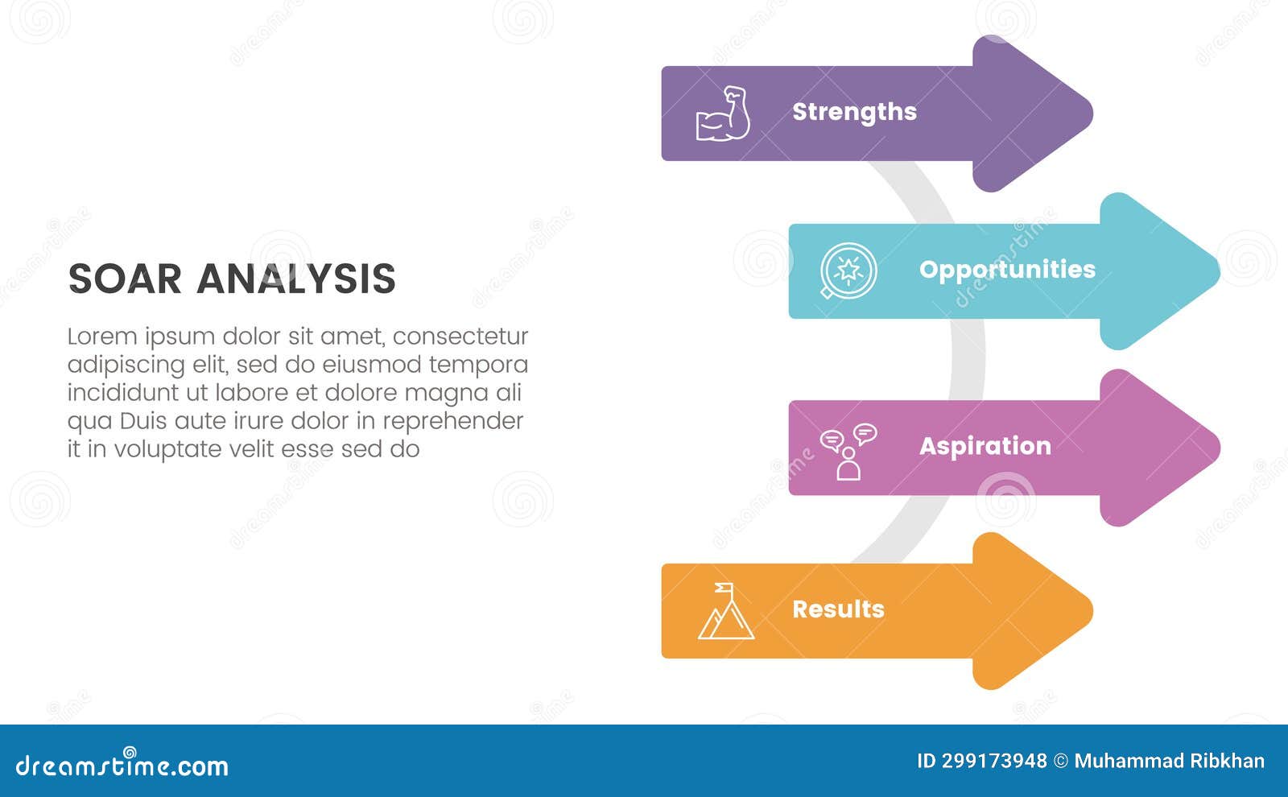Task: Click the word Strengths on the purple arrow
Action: (x=854, y=112)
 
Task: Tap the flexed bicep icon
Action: (x=723, y=114)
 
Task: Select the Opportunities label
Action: (x=1007, y=270)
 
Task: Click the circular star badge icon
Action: (x=848, y=270)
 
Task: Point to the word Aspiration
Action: (x=985, y=446)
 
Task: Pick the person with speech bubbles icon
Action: (x=848, y=452)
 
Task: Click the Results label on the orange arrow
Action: (x=838, y=609)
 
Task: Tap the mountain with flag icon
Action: (x=725, y=612)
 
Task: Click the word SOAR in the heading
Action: (x=125, y=279)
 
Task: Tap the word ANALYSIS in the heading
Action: (x=295, y=279)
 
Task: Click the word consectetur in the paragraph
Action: (x=460, y=336)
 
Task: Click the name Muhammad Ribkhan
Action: (x=1169, y=761)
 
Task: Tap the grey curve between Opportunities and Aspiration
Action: (x=968, y=359)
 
